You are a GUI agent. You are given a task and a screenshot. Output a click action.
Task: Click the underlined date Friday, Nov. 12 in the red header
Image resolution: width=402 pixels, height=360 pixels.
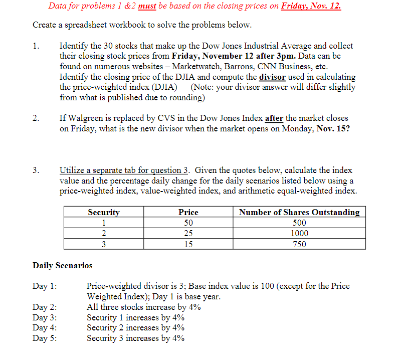(311, 7)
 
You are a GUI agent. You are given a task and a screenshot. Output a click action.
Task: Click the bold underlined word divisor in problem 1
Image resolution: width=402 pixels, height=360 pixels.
(272, 77)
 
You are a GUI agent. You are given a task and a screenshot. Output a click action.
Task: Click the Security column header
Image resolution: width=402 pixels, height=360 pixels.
(104, 212)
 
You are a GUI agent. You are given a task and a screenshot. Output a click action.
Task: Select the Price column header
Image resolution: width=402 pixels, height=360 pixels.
(188, 212)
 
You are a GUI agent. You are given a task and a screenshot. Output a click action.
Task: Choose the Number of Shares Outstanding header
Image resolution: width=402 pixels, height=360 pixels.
(299, 212)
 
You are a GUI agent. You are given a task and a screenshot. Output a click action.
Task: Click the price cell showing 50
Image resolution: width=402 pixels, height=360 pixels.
(188, 223)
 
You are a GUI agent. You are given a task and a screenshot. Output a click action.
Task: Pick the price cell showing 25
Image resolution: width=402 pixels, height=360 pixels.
(188, 234)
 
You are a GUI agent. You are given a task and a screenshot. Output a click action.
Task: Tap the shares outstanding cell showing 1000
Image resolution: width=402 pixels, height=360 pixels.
(299, 234)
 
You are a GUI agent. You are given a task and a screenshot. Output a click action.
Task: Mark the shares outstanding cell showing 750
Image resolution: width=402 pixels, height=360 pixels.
(299, 244)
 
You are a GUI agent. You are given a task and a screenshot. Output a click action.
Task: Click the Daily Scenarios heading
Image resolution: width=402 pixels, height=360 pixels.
(62, 265)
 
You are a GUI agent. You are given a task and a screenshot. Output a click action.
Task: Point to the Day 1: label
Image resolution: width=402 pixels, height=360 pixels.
(45, 286)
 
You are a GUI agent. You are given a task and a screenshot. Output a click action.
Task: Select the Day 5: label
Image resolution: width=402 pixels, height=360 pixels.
(45, 338)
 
